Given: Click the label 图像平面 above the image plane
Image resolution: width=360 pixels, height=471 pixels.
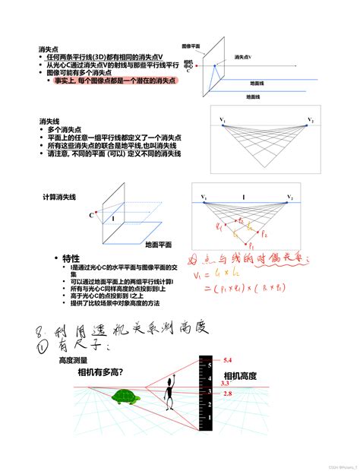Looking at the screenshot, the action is pos(191,46).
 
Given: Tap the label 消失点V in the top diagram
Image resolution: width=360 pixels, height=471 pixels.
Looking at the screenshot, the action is pos(243,56).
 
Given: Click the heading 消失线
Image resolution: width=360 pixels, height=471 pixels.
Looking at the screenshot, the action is pos(49,121).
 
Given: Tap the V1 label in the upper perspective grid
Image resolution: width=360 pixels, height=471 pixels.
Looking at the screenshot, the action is pos(223,120).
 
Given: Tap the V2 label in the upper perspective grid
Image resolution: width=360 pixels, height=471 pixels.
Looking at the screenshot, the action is pos(311,120).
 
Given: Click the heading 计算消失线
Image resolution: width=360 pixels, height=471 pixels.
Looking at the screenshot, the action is pos(60,197).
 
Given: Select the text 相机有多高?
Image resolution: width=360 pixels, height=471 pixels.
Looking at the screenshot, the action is pos(101,372).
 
